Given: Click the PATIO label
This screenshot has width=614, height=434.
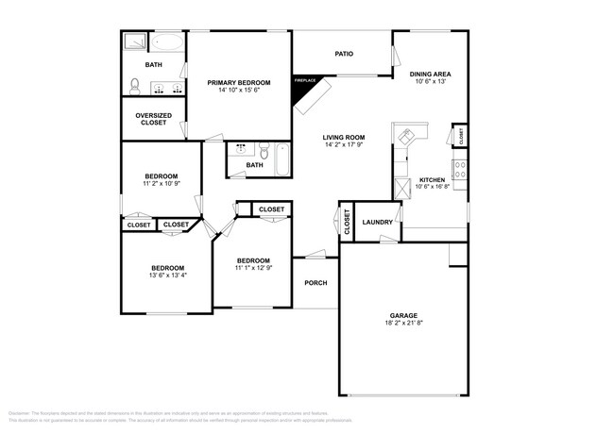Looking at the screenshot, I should click(344, 54).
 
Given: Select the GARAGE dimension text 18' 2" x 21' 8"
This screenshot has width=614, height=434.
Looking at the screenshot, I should click(403, 325).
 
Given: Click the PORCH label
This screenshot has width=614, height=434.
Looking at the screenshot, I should click(315, 283).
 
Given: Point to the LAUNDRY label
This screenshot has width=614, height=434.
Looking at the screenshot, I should click(377, 223).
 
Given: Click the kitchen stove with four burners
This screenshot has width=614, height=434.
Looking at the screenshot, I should click(460, 171).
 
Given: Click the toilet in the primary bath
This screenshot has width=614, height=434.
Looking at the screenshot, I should click(135, 88).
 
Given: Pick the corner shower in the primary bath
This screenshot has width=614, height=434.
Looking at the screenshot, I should click(132, 41).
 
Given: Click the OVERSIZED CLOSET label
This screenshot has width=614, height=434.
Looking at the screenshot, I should click(152, 119).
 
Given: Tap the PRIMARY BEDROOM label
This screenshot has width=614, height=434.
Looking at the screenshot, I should click(238, 83).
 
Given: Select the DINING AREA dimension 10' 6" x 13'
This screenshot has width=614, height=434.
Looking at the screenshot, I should click(430, 82).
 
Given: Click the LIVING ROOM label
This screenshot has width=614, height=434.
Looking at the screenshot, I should click(344, 138).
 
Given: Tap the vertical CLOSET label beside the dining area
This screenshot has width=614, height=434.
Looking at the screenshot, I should click(460, 136).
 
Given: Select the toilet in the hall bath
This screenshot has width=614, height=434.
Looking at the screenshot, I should click(265, 150).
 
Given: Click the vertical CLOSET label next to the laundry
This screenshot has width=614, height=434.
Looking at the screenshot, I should click(347, 224).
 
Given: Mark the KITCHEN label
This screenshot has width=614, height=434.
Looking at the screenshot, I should click(432, 179).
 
